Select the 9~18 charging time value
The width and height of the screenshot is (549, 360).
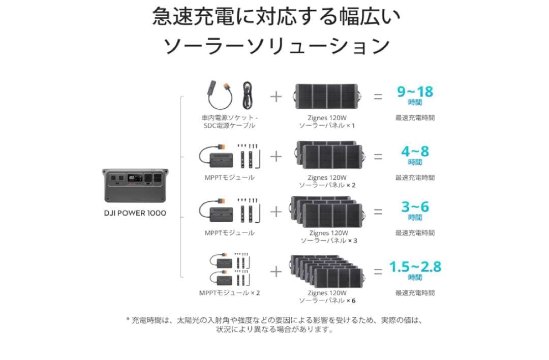[415, 92]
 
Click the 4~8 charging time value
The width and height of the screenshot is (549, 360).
[415, 152]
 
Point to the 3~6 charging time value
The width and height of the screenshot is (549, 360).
[415, 206]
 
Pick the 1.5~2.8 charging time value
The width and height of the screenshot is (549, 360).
[415, 266]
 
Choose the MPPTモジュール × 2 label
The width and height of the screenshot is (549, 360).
[229, 293]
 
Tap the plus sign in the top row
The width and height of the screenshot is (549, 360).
[276, 96]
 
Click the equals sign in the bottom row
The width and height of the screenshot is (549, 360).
[378, 272]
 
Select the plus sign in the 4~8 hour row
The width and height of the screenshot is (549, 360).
[276, 156]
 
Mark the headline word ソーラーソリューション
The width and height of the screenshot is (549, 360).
[276, 46]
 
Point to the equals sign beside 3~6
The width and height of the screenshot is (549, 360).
[378, 212]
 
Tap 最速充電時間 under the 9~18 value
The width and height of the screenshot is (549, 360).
[415, 117]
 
